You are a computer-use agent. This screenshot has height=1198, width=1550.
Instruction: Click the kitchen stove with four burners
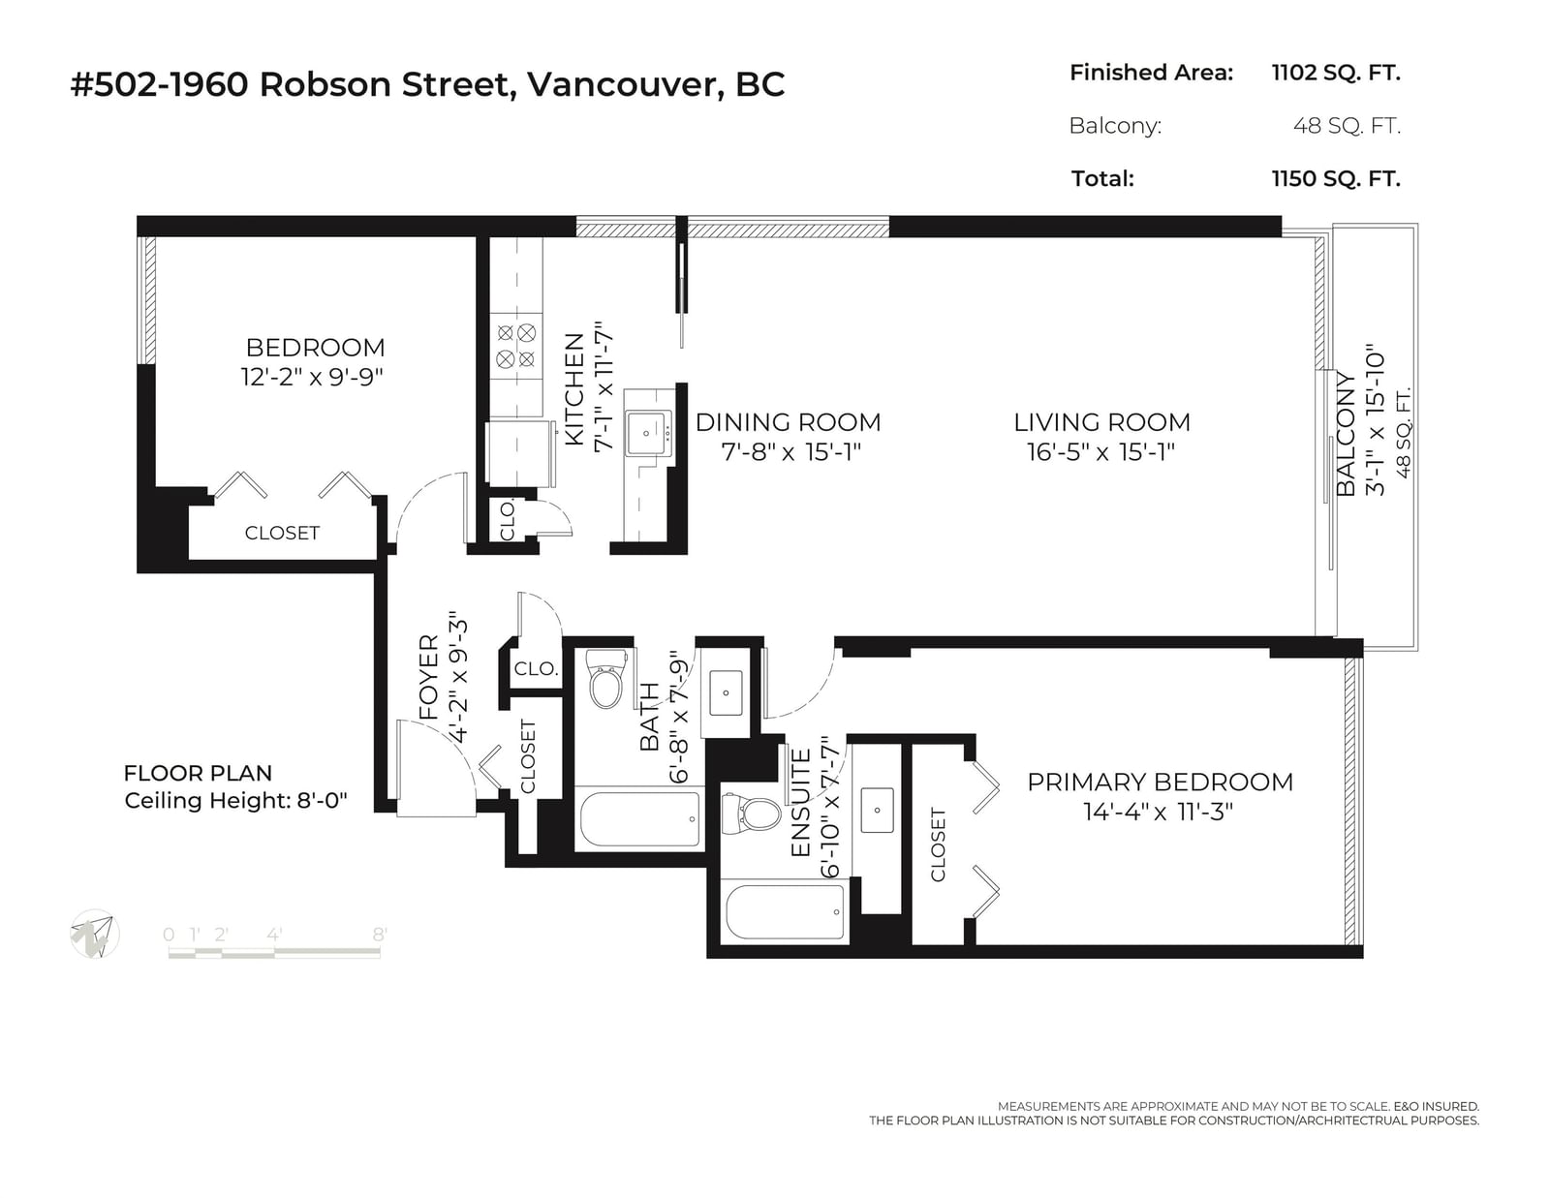515,345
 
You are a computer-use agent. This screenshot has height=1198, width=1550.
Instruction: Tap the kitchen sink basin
647,433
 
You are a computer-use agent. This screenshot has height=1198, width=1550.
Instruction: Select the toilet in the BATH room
605,678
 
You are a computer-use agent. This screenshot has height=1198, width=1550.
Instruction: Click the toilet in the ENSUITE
751,813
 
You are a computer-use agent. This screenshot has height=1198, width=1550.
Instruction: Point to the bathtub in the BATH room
639,819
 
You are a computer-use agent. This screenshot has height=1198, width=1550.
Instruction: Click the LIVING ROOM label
1102,422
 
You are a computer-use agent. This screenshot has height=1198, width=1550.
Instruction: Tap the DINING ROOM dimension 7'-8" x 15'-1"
791,452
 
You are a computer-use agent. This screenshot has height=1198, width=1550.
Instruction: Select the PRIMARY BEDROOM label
1160,783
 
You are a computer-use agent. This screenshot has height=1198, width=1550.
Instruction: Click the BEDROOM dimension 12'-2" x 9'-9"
313,377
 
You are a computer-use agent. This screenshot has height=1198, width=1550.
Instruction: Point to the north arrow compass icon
95,935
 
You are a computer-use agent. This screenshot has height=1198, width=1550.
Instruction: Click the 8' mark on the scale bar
380,935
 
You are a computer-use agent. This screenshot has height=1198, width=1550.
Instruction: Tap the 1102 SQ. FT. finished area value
1336,73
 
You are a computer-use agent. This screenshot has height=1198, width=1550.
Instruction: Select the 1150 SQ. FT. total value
1336,178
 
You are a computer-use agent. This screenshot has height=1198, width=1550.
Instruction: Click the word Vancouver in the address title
623,85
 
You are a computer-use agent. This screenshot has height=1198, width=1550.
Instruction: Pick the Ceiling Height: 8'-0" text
236,801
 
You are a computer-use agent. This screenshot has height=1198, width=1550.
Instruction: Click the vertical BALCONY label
1346,434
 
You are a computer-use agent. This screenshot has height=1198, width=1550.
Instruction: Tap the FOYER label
428,677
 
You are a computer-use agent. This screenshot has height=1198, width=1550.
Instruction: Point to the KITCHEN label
574,389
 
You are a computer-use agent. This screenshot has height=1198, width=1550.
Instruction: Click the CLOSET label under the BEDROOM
282,534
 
